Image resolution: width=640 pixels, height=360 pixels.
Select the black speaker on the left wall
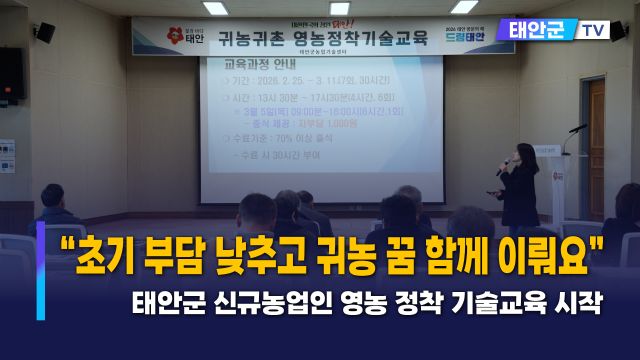pyautogui.click(x=11, y=74)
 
